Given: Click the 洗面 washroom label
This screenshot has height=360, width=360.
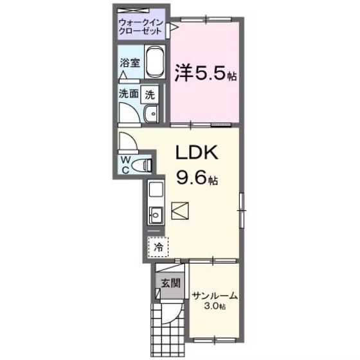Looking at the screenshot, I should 127,93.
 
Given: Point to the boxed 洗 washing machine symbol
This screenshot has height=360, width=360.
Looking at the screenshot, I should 150,93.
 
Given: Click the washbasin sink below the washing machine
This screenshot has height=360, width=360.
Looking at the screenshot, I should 152,114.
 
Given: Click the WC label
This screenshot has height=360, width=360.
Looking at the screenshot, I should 126,165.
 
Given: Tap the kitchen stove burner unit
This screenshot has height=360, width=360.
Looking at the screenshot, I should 156,191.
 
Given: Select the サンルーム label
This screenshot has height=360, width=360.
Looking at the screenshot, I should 215,296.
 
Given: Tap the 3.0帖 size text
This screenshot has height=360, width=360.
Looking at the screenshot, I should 215,307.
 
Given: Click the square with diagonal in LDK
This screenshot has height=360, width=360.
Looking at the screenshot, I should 180,210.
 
